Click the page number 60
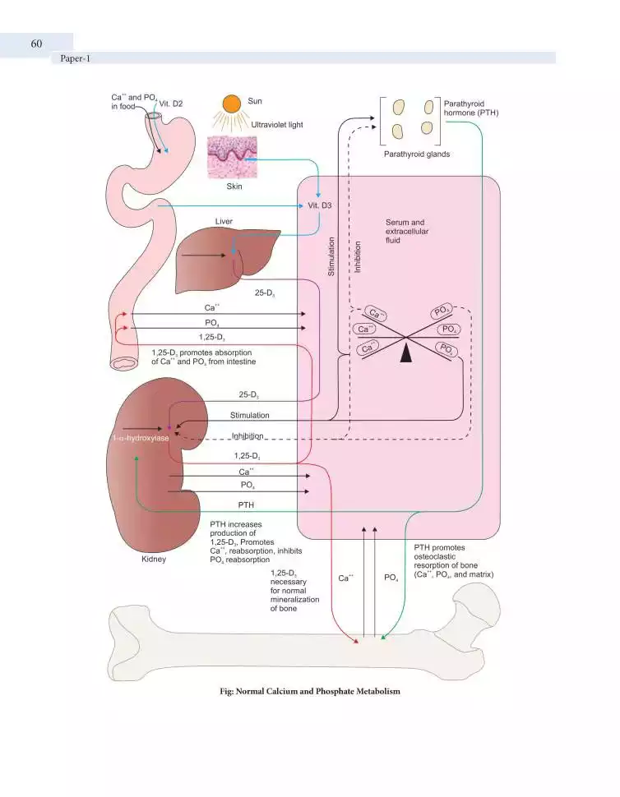click(36, 44)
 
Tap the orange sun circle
click(232, 104)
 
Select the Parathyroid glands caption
click(417, 154)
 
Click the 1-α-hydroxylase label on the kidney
click(140, 439)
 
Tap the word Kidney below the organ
click(153, 560)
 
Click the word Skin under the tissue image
click(233, 187)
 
